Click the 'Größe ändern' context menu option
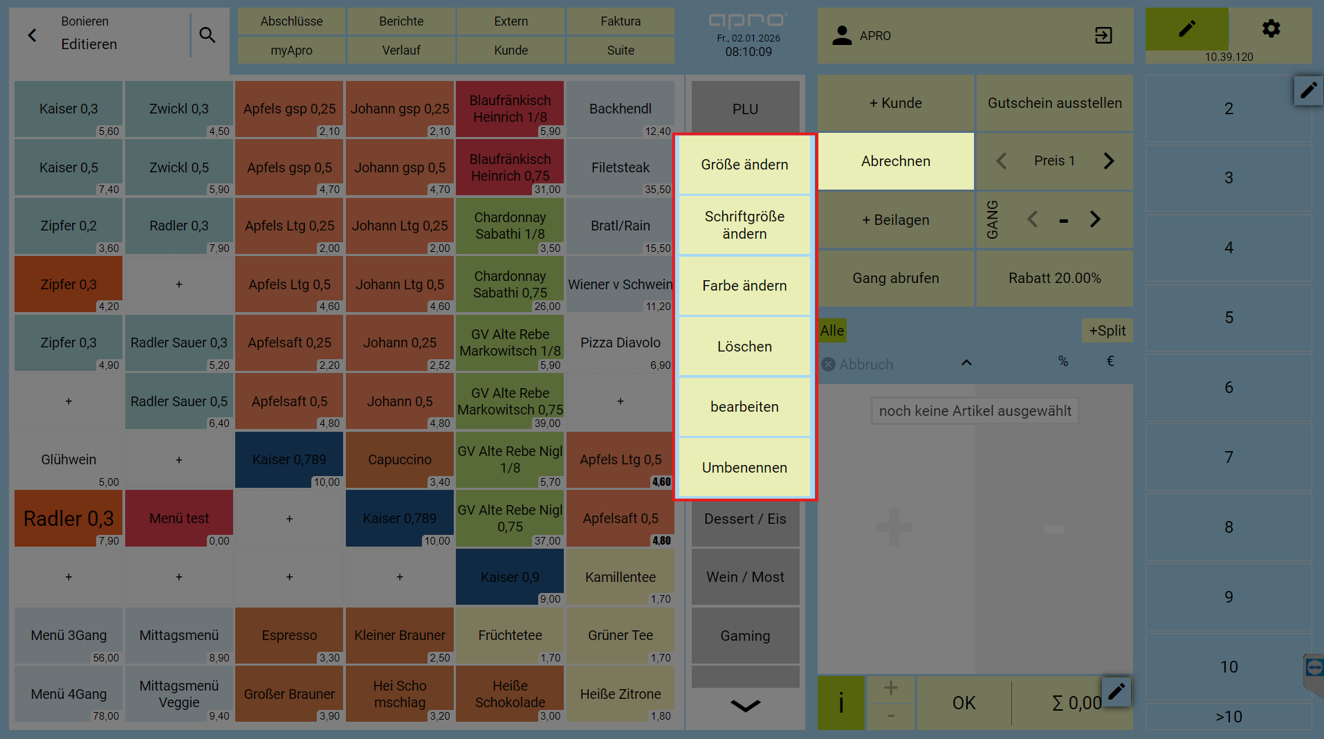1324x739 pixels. click(744, 165)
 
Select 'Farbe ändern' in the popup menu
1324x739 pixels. click(744, 286)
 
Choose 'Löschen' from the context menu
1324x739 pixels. click(744, 347)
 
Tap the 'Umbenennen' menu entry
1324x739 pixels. click(744, 468)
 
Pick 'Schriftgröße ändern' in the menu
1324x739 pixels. click(744, 225)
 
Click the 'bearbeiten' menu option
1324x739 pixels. click(744, 407)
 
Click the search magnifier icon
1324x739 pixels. click(207, 35)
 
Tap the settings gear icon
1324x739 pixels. click(1271, 28)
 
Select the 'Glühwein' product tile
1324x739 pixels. click(68, 460)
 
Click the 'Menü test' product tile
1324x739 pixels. click(179, 518)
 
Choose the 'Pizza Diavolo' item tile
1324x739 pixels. click(620, 343)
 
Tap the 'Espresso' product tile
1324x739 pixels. click(289, 636)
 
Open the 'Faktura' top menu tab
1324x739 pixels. click(620, 21)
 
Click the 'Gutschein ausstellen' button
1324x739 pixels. click(1055, 103)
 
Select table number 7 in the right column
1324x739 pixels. click(1229, 457)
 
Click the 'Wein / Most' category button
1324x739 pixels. click(745, 577)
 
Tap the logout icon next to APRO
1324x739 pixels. click(1103, 35)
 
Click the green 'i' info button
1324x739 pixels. click(840, 703)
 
